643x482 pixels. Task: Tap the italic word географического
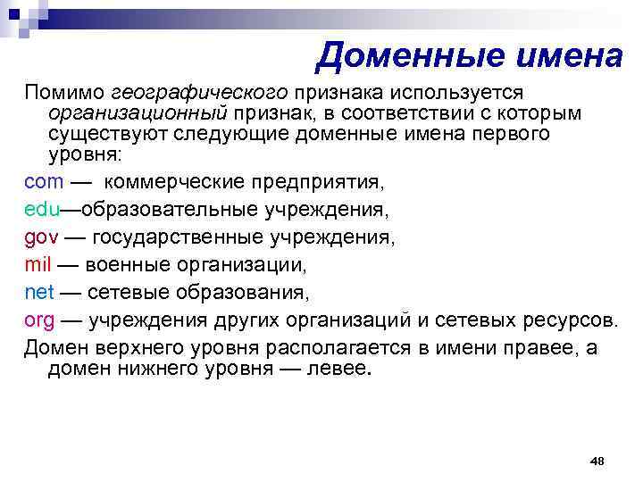pyautogui.click(x=200, y=93)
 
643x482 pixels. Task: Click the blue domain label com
pyautogui.click(x=44, y=183)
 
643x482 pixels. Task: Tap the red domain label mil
pyautogui.click(x=38, y=265)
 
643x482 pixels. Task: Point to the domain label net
pyautogui.click(x=39, y=292)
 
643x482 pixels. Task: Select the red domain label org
pyautogui.click(x=40, y=320)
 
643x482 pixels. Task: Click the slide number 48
pyautogui.click(x=597, y=460)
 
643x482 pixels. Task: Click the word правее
pyautogui.click(x=522, y=347)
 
